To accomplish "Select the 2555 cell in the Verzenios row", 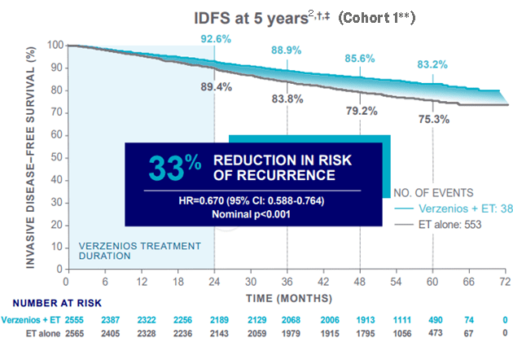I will [x=66, y=321].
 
